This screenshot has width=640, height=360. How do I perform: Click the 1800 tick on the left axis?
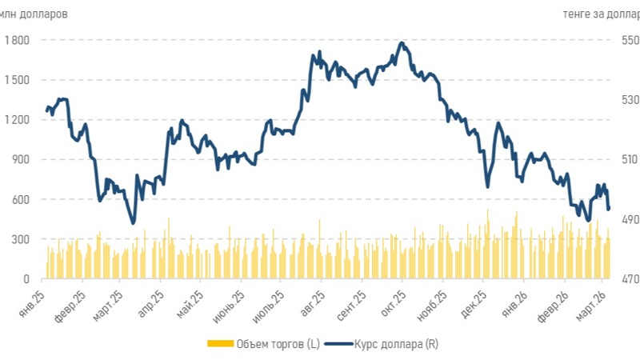point(18,40)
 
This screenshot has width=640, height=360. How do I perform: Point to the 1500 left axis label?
point(18,80)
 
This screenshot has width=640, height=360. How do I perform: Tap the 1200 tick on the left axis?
point(18,120)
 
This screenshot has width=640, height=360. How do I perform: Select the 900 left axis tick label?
point(20,159)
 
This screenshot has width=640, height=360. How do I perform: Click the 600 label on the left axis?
point(20,199)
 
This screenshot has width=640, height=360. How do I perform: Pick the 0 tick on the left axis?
point(26,279)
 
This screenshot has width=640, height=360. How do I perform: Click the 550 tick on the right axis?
point(630,40)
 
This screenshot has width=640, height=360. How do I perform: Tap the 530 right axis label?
point(630,100)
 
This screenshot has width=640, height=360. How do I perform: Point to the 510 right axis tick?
point(630,159)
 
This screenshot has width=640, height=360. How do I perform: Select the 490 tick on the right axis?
point(630,219)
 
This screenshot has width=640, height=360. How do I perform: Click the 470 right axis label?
point(630,279)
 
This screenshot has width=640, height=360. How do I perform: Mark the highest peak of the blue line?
point(402,42)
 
